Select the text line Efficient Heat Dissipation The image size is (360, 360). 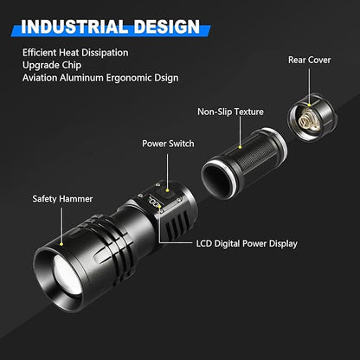(x=77, y=54)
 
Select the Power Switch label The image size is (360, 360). (x=169, y=143)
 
